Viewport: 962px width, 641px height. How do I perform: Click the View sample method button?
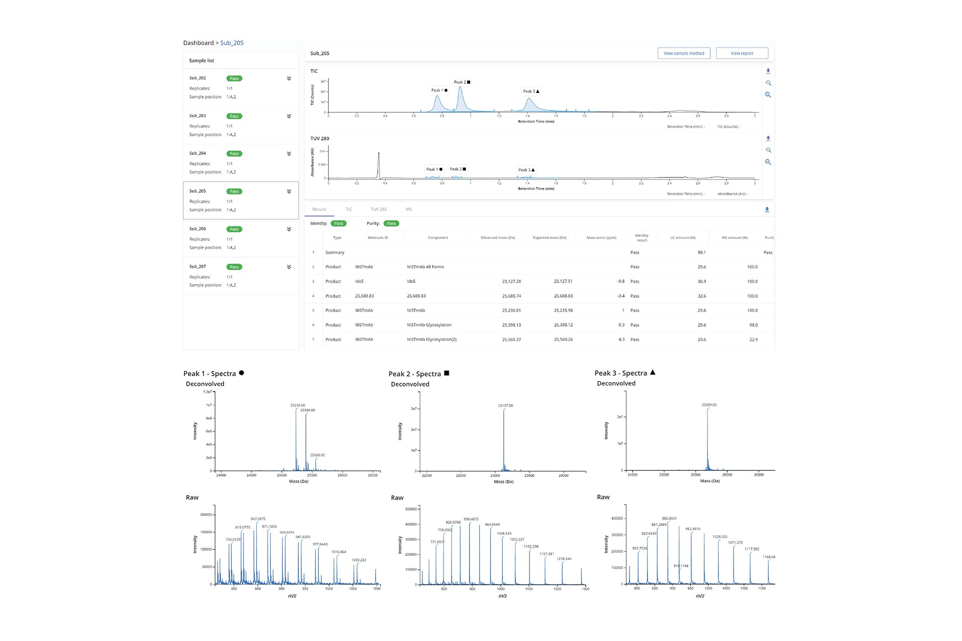684,53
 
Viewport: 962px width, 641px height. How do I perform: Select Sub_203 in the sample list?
198,116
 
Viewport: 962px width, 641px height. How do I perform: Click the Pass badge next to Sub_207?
234,267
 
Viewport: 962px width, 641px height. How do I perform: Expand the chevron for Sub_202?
289,78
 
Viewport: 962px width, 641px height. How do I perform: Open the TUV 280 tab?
379,209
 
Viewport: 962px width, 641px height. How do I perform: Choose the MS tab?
408,209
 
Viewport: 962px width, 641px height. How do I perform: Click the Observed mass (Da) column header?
498,238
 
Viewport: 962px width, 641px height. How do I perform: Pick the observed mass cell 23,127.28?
511,281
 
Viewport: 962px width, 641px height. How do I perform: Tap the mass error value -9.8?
620,281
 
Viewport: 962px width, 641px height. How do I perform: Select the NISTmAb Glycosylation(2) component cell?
431,339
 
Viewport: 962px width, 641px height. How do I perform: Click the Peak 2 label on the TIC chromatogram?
462,82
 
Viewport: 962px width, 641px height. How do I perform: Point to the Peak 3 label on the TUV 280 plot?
526,170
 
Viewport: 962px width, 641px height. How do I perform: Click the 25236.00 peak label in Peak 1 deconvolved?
298,405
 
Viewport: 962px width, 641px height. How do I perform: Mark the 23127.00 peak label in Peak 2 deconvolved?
505,405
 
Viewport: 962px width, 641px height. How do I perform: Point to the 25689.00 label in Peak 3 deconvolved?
709,405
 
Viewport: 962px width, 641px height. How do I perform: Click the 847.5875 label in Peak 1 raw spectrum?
258,519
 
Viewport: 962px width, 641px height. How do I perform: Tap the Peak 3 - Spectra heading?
620,373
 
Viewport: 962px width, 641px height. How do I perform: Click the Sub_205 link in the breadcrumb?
232,43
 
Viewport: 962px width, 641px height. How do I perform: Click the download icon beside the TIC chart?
768,71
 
